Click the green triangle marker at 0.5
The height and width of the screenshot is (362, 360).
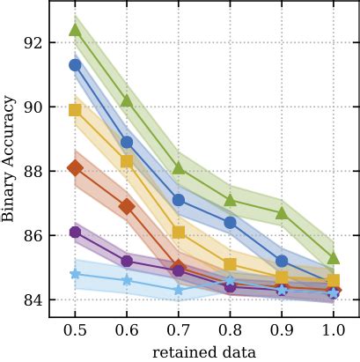click(x=76, y=30)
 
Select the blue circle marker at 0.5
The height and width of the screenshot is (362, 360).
click(x=76, y=65)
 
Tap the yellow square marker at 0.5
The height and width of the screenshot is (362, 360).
click(x=76, y=110)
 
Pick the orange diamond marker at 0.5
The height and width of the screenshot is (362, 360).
click(x=76, y=168)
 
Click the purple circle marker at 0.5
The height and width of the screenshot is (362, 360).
click(x=76, y=233)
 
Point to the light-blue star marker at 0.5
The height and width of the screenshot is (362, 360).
click(x=76, y=274)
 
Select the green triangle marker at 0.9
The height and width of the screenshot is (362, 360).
click(x=282, y=213)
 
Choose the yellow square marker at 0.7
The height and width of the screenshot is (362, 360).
click(x=179, y=233)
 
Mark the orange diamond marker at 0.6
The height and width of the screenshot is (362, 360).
click(x=127, y=206)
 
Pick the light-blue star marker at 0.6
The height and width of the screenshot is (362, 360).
click(x=127, y=280)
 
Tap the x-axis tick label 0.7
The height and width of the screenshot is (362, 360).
click(x=179, y=330)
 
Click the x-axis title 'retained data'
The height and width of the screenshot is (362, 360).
click(x=204, y=351)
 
